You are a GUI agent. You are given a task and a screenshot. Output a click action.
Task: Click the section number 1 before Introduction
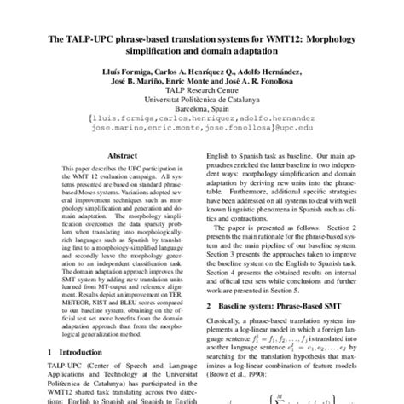(50, 350)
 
